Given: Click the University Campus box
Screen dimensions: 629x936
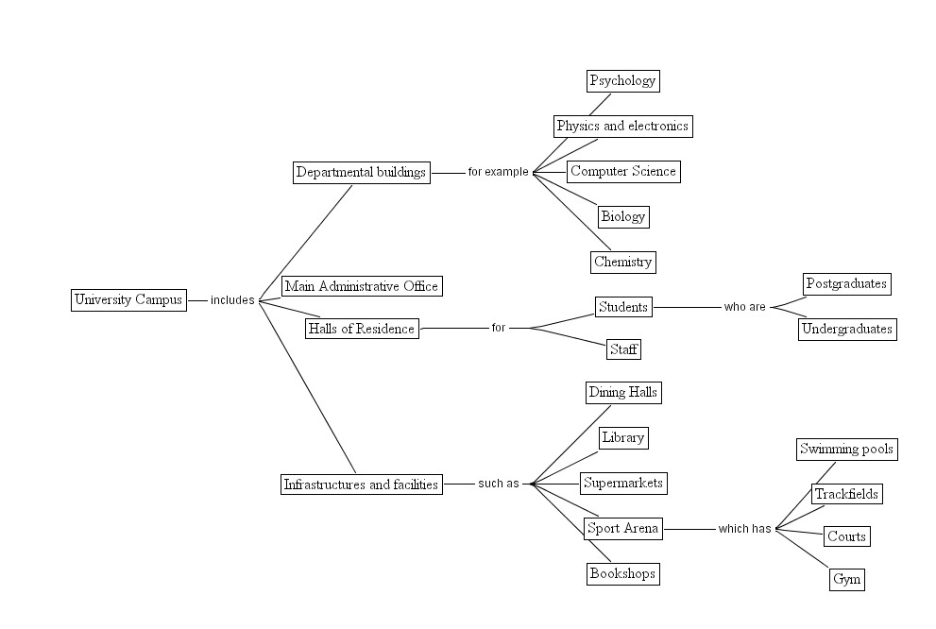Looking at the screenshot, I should pos(128,300).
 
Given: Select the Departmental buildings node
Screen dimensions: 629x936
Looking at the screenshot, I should pos(361,172).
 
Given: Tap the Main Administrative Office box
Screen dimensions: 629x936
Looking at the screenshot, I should pos(361,286).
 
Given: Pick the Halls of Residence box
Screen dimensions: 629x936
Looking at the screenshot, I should pos(361,329).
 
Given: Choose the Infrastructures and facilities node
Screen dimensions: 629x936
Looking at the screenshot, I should pos(361,484).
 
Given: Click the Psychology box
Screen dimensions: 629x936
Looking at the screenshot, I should pos(621,81).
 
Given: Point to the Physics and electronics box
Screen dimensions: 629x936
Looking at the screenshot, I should pos(622,126).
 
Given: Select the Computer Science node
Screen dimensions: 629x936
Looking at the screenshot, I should pos(622,171).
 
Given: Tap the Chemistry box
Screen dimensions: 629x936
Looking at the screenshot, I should pos(622,262).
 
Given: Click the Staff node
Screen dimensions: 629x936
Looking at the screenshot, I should pos(623,349).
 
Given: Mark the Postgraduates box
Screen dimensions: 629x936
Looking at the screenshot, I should pos(847,283).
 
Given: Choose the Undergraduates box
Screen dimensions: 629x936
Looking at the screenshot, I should pos(847,329).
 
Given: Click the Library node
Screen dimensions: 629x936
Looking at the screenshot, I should pos(622,437).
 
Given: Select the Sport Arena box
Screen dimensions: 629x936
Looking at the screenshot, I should pos(622,529).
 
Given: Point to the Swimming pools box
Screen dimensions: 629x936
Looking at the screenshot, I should pos(846,449).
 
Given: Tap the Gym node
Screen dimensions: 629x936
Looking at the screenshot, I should pos(846,579).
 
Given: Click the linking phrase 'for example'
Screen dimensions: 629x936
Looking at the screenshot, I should pos(498,172).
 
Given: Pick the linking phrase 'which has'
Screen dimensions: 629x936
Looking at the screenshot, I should pos(744,529).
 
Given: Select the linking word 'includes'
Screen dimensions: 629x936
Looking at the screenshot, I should pos(232,300).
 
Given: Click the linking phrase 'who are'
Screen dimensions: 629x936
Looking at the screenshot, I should pos(744,307).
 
